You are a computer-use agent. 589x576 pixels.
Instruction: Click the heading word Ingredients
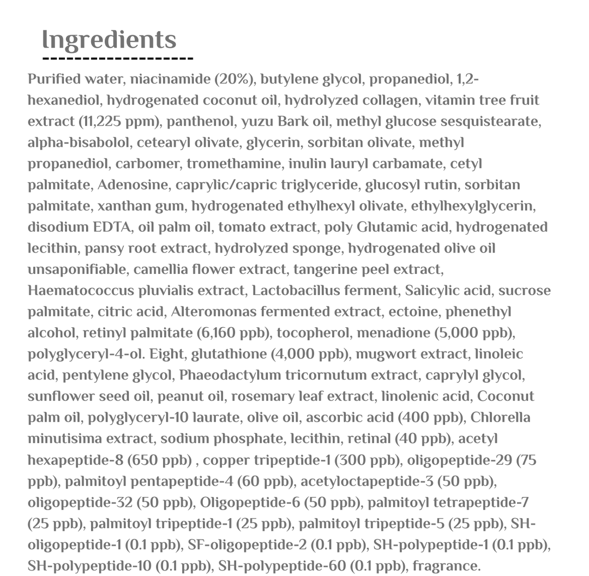tap(109, 40)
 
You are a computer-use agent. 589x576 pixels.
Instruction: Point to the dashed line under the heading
tap(118, 58)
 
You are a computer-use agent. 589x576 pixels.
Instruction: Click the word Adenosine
tap(133, 185)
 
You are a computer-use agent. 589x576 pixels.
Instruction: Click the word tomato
tap(243, 227)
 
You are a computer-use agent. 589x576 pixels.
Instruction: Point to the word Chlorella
tap(500, 418)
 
